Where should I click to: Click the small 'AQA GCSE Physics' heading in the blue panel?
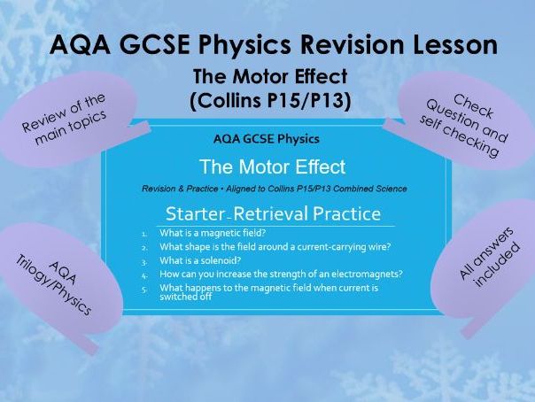[x=267, y=139]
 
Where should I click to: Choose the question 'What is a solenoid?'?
[x=203, y=262]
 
